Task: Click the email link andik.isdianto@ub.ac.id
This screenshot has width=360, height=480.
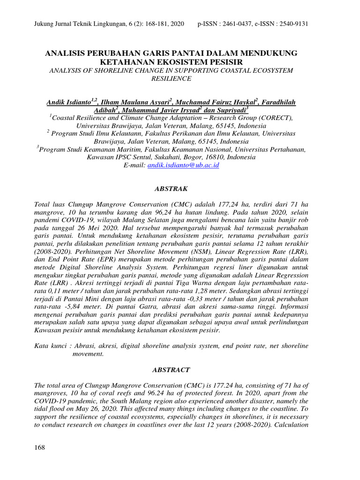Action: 183,165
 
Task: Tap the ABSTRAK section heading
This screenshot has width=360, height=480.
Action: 171,189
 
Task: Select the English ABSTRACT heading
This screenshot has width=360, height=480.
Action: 171,370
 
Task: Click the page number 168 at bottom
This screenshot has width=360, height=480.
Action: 40,448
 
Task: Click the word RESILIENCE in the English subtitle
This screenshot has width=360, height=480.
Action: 171,79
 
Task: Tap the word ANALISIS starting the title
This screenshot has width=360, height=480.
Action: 65,53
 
